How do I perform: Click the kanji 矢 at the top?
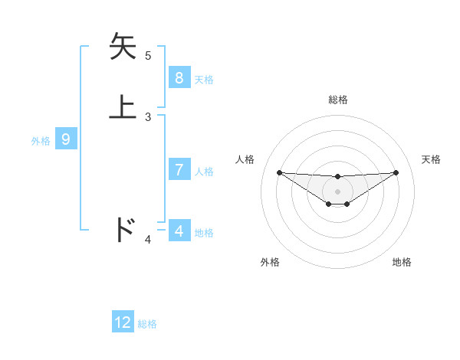[123, 47]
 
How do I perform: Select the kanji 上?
[123, 106]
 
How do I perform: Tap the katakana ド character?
[123, 229]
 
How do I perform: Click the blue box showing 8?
[179, 78]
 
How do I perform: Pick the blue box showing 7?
[179, 170]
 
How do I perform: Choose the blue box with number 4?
[179, 231]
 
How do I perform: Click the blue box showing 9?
[66, 139]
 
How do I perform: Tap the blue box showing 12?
[123, 322]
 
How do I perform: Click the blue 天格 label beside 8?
[204, 79]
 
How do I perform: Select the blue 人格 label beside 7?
[204, 171]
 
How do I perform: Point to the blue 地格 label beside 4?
[204, 232]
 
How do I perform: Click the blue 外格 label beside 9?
[41, 140]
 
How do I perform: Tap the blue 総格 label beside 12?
[147, 323]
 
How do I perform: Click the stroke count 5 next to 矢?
[148, 56]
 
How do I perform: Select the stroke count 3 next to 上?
[148, 117]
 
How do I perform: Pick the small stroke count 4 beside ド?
[148, 240]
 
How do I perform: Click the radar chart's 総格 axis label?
[337, 100]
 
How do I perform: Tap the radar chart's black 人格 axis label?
[245, 159]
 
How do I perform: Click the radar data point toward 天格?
[396, 172]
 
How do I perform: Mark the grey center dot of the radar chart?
[337, 191]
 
